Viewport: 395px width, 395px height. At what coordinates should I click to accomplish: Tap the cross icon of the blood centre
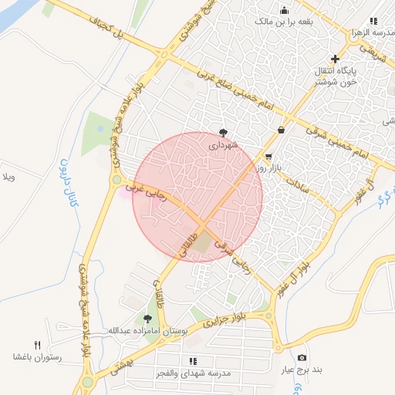point(334,59)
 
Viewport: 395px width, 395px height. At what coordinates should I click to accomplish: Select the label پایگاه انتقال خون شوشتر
point(335,77)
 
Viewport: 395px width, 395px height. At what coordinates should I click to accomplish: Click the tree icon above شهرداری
point(224,132)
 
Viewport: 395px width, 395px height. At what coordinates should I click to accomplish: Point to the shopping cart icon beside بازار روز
point(268,156)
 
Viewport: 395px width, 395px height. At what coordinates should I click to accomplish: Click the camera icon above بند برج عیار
point(302,358)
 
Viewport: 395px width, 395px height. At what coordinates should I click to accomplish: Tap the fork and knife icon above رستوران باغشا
point(37,344)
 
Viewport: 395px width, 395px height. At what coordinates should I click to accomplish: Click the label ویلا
point(8,178)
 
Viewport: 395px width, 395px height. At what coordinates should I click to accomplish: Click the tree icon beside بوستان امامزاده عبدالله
point(147,318)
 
